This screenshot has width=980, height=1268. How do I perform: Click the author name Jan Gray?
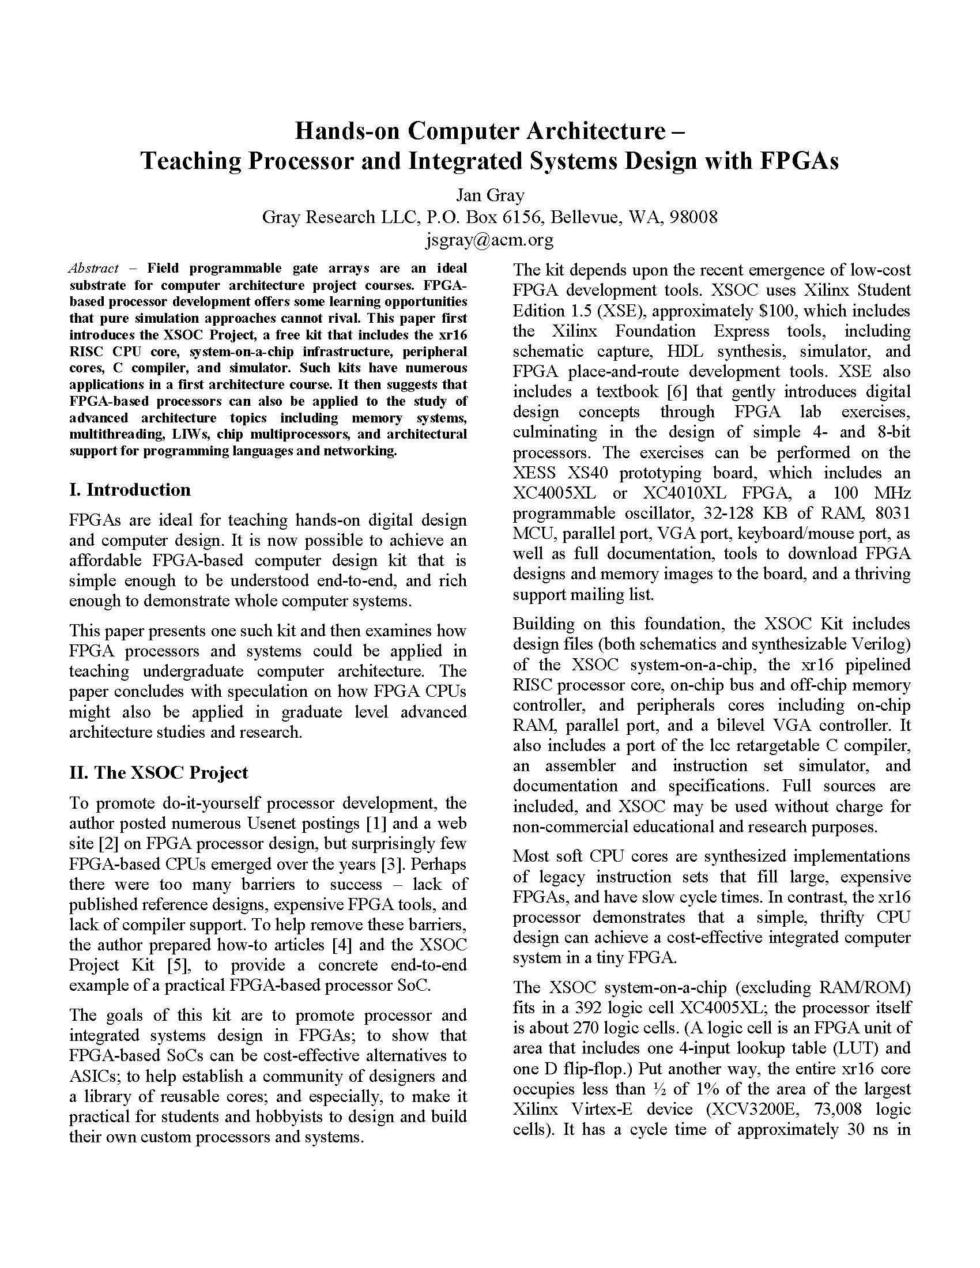click(x=489, y=194)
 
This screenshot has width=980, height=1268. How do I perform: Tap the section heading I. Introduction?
click(x=130, y=489)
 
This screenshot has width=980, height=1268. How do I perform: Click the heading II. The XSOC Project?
click(x=158, y=772)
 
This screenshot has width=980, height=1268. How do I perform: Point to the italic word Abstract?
click(x=93, y=268)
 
